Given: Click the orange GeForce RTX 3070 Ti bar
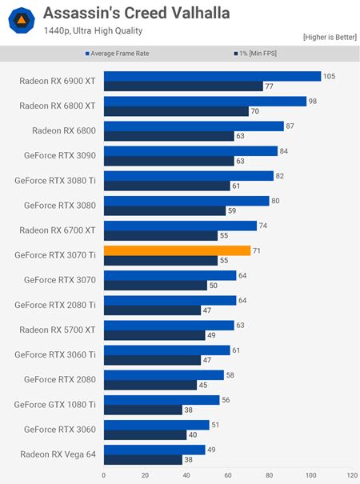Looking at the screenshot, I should pos(177,250).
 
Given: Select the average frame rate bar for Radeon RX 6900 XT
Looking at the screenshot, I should pos(212,76).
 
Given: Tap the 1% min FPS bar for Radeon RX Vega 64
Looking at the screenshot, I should pos(142,459).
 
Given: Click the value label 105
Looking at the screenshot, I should pos(329,76).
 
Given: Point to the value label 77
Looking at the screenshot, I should pos(270,86).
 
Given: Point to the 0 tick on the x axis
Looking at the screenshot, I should pos(104,474).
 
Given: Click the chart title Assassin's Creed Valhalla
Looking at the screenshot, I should pos(136,13).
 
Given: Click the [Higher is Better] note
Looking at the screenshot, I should pos(329,38).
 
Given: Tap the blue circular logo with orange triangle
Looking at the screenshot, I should pos(19,19).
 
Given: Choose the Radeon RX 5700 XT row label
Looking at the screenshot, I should pos(57,330).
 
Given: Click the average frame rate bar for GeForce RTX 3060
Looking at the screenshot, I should pos(156,425).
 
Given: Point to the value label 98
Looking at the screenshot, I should pos(314,101).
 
